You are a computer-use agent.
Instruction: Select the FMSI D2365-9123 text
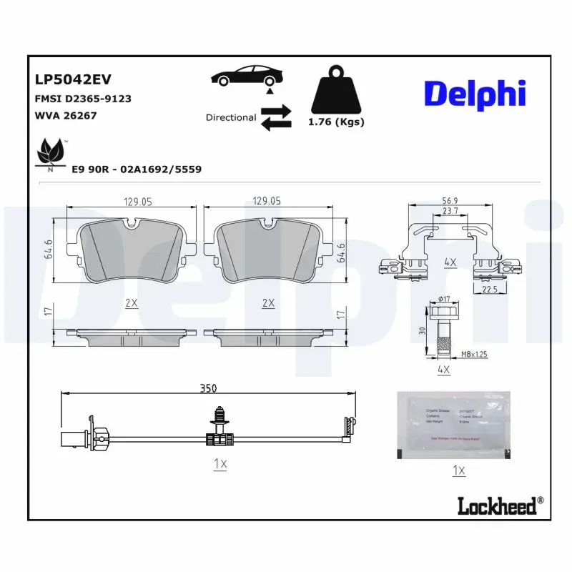click(x=82, y=99)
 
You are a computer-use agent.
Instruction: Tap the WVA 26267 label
click(x=65, y=115)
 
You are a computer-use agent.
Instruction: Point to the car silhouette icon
click(x=247, y=77)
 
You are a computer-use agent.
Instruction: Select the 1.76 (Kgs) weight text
click(x=336, y=122)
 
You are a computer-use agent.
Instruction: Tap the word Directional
click(x=230, y=117)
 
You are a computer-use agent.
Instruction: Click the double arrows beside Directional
click(x=276, y=117)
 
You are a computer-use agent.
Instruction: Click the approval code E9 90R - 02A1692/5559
click(x=137, y=169)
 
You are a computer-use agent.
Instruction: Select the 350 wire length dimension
click(x=208, y=388)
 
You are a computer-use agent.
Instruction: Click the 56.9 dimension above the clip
click(x=450, y=201)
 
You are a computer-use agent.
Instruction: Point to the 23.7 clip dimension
click(x=450, y=212)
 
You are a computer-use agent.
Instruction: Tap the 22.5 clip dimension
click(x=490, y=289)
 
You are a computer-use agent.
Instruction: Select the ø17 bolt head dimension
click(x=443, y=299)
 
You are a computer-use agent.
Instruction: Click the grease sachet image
click(x=453, y=425)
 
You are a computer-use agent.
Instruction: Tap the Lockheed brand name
click(x=495, y=507)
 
